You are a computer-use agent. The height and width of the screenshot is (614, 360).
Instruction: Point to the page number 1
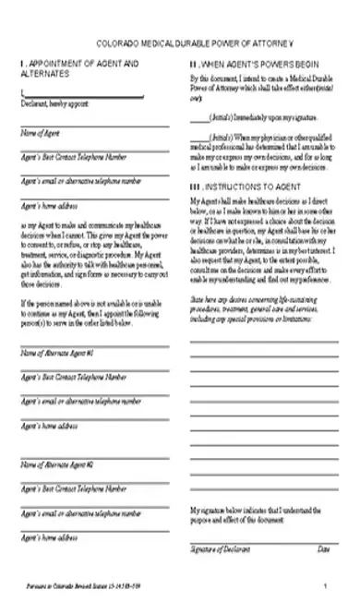[325, 587]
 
